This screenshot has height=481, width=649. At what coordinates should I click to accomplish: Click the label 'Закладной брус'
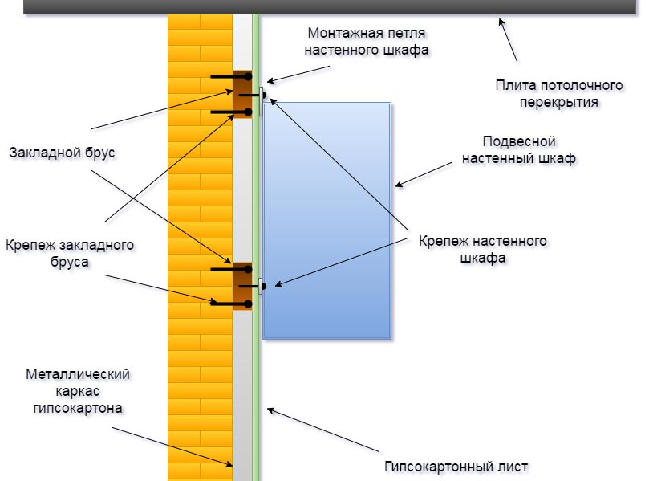coord(61,152)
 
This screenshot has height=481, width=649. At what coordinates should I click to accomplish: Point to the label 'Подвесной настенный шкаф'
coord(518,150)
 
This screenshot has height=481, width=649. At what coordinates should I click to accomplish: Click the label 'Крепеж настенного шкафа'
coord(482,249)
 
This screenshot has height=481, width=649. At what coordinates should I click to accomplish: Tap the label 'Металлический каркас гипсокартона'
coord(77,390)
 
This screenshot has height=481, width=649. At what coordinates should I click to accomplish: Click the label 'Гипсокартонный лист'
coord(457,467)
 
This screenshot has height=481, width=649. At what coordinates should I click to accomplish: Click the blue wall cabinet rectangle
coord(327,220)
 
